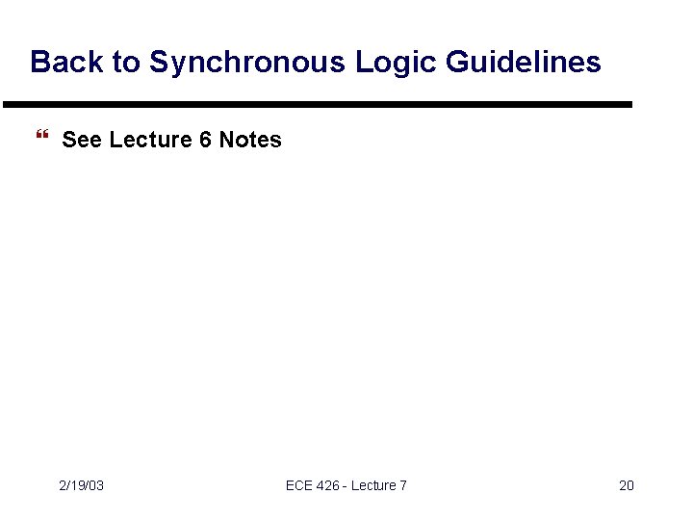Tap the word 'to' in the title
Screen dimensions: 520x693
(x=127, y=63)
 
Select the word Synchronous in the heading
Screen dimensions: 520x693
(x=246, y=63)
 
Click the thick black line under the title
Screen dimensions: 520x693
(x=318, y=104)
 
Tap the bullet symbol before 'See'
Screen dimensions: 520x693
(x=40, y=140)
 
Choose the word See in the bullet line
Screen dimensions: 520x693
(x=82, y=140)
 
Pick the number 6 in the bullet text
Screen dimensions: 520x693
(x=205, y=140)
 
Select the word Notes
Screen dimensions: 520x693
(x=250, y=140)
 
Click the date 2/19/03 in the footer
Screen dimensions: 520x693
(x=81, y=485)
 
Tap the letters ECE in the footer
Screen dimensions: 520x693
(x=300, y=485)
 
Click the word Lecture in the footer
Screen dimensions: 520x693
(x=372, y=485)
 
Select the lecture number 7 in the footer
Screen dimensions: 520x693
(x=403, y=485)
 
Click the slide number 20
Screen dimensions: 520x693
(x=627, y=485)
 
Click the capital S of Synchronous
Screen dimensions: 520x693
(x=160, y=63)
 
